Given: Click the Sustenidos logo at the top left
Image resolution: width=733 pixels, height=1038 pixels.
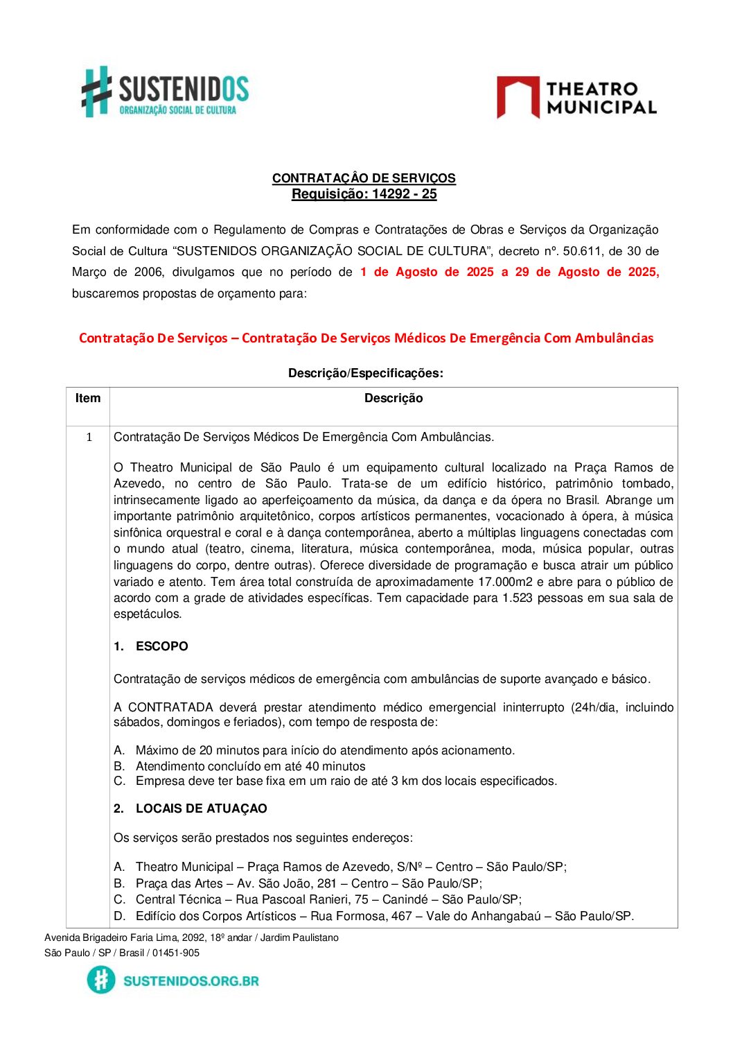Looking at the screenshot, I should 165,92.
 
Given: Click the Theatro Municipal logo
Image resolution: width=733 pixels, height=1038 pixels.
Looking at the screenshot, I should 576,98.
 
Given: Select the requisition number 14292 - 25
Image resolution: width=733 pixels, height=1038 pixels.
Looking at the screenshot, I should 405,194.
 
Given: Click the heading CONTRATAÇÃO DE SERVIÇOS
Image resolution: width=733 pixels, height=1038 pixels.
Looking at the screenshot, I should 364,178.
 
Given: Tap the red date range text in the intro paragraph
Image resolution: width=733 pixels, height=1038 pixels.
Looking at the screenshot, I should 509,272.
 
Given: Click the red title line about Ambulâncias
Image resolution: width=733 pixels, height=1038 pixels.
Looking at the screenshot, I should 366,338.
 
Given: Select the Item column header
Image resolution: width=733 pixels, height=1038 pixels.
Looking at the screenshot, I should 88,398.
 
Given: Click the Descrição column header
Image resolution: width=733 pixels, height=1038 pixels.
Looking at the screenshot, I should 393,398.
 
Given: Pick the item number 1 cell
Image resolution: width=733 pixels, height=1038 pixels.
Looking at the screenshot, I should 89,437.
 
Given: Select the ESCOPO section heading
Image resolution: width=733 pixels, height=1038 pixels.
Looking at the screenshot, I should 161,646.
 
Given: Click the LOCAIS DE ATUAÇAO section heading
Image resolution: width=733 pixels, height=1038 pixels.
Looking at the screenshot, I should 201,808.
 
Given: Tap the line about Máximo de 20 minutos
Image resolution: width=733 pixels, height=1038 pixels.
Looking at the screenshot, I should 325,750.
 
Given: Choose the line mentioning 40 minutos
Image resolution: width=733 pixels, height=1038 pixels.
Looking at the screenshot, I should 250,766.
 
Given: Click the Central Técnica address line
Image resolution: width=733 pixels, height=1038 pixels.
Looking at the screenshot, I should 328,899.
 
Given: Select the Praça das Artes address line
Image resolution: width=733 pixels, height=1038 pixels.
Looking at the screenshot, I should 308,883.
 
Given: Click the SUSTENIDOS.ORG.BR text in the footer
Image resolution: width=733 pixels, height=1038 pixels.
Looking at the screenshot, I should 191,980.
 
